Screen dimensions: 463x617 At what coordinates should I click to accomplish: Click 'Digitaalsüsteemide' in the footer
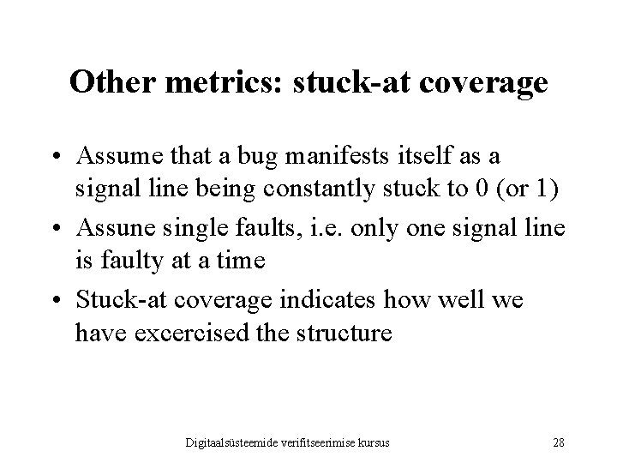coord(241,442)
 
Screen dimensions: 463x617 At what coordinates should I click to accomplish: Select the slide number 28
coord(559,442)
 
